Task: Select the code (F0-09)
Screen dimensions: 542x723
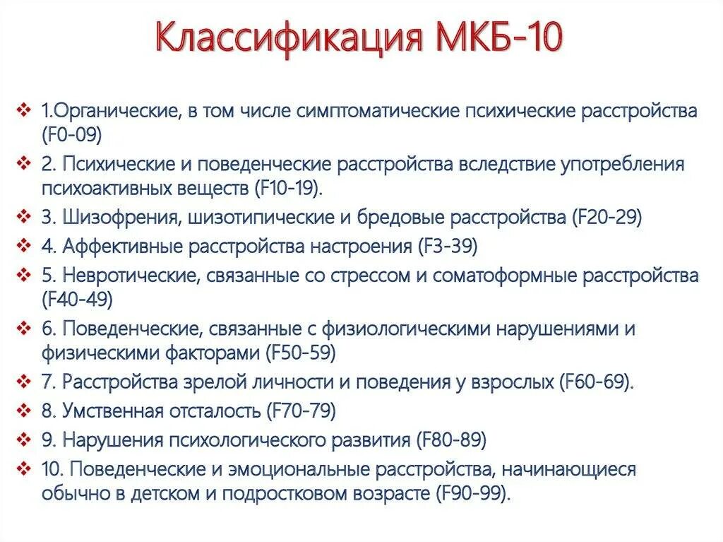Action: click(x=72, y=133)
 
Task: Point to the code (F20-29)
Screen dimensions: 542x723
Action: click(x=606, y=217)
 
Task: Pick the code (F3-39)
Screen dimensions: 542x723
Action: click(x=448, y=247)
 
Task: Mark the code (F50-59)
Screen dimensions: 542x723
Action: click(x=301, y=351)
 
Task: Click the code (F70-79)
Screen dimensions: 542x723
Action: click(x=301, y=411)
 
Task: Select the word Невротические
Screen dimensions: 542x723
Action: click(x=133, y=276)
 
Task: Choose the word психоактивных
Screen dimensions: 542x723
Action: click(x=98, y=187)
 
